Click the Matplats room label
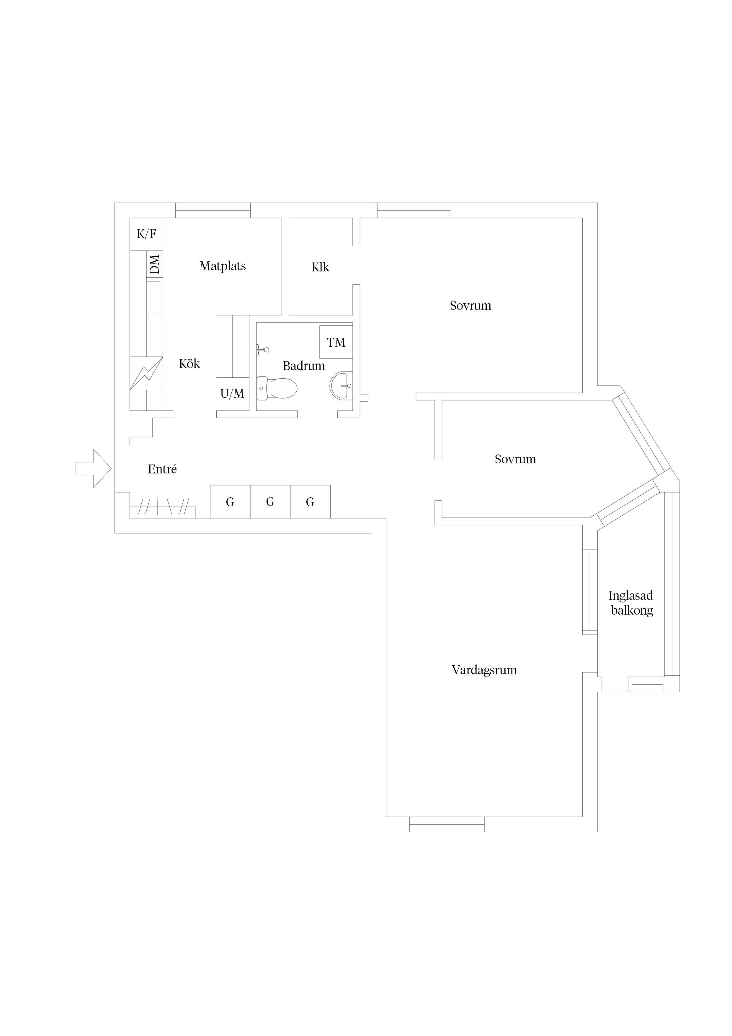tap(223, 266)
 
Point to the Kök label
tap(189, 364)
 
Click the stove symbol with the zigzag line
tap(146, 373)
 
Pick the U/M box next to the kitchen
tap(233, 394)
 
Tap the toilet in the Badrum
tap(277, 388)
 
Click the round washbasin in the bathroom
tap(342, 386)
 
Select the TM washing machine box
tap(336, 342)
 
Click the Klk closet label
tap(320, 267)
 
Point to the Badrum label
tap(304, 366)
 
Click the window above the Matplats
tap(213, 210)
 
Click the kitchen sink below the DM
tap(153, 297)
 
